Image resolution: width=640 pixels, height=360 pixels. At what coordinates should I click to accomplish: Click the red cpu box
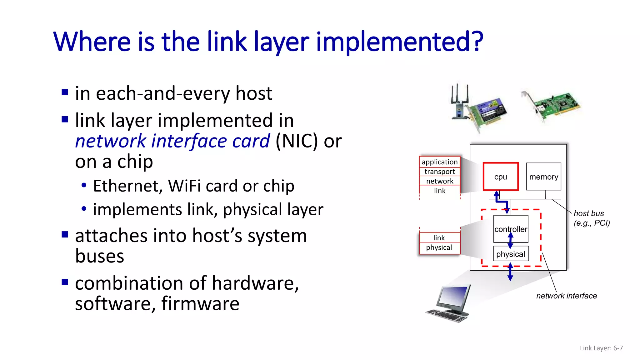point(500,177)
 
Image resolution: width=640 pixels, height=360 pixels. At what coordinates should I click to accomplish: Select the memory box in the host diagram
point(543,177)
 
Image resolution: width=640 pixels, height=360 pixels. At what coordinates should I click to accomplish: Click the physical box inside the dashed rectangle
point(511,254)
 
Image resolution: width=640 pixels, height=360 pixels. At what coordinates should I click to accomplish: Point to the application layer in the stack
point(439,162)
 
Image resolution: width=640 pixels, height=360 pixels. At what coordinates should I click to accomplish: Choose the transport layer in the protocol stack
point(439,172)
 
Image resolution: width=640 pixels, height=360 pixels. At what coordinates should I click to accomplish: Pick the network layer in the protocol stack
point(439,181)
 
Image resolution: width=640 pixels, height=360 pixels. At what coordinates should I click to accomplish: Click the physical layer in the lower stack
point(439,247)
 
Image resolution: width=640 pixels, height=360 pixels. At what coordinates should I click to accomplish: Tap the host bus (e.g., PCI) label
point(591,218)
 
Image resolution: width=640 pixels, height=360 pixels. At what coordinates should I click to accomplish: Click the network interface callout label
point(566,296)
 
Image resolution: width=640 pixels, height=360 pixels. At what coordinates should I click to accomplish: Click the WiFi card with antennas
point(478,108)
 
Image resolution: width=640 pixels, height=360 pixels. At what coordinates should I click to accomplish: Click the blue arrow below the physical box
point(510,272)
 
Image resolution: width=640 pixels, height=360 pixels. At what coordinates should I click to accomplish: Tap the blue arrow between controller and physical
point(510,241)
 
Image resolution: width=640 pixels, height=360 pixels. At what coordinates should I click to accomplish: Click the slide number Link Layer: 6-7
point(601,348)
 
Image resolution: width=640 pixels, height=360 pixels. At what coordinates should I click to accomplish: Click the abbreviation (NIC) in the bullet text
point(297,141)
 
